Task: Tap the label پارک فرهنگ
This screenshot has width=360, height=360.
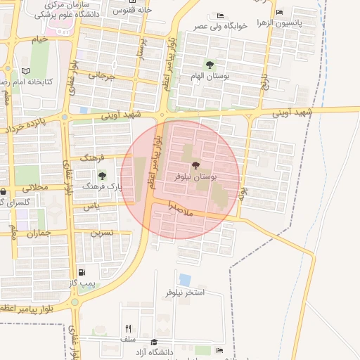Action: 102,187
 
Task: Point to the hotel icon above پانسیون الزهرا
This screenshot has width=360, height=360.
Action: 280,12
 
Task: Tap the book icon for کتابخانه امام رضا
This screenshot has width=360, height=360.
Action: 26,72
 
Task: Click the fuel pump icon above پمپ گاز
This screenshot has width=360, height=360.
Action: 83,272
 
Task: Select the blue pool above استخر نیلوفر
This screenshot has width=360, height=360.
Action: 185,280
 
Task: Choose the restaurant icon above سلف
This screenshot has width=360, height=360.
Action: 128,328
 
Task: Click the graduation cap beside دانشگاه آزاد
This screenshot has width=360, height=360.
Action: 154,342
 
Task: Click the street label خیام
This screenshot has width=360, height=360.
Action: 40,39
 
